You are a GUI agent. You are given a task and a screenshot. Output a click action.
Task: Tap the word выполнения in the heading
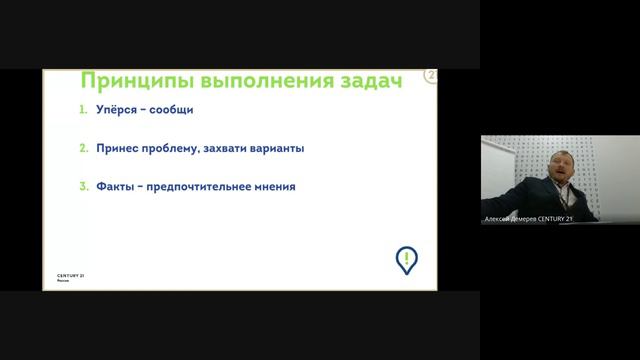click(x=249, y=81)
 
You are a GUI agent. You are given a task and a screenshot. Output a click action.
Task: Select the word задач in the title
click(x=360, y=81)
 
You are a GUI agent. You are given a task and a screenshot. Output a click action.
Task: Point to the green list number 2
click(x=85, y=148)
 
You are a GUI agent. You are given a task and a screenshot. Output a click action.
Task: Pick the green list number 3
click(x=85, y=186)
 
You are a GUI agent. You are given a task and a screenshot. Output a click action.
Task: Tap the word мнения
click(x=277, y=186)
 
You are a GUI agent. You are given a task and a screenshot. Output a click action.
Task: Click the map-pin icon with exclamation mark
click(x=406, y=259)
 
